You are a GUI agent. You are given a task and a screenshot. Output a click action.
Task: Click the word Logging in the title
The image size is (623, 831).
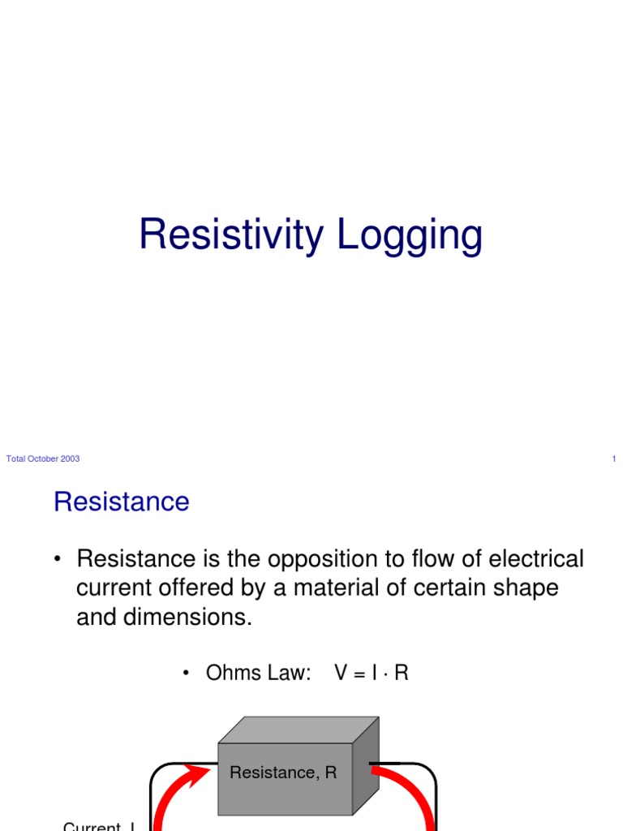coord(410,236)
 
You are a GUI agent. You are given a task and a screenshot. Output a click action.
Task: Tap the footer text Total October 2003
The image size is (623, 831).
coord(43,459)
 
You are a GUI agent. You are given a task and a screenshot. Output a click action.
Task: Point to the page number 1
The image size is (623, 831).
coord(614,459)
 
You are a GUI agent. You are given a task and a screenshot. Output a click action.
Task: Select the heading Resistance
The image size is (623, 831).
coord(122,502)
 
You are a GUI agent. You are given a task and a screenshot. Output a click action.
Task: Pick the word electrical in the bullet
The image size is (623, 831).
coord(531,559)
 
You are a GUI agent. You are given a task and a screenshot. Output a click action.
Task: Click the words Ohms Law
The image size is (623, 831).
coord(259,674)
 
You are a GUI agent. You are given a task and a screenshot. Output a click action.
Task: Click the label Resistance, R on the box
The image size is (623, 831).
coord(283,773)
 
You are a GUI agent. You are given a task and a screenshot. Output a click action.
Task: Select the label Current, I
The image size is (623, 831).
coord(98,826)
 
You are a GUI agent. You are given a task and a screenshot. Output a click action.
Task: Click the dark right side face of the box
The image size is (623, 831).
coord(365,767)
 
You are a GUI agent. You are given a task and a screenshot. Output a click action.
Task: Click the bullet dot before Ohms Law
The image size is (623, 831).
coord(186,674)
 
